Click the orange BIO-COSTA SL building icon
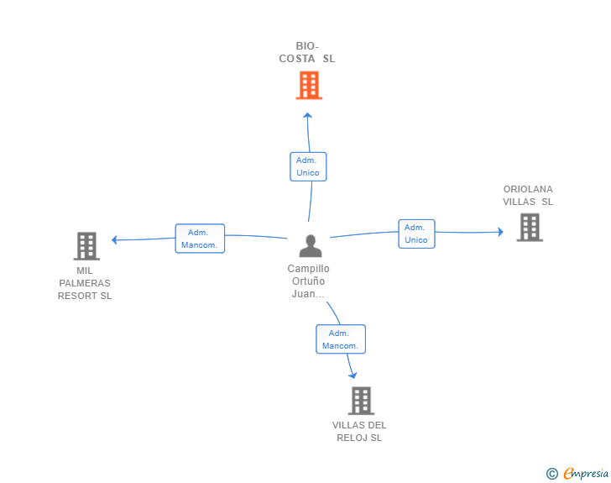tap(309, 85)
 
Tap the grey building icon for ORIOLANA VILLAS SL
tap(530, 228)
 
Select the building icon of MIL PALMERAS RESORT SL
tap(86, 246)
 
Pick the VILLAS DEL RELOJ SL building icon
tap(361, 401)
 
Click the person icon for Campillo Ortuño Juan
tap(311, 246)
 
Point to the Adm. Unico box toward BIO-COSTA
tap(308, 166)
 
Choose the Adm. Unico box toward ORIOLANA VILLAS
tap(416, 234)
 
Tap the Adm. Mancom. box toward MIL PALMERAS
tap(200, 239)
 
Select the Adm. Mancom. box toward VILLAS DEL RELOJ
tap(341, 339)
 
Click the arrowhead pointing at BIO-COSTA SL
tap(307, 115)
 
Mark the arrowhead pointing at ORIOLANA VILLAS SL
tap(501, 232)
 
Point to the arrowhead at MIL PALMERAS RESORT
tap(114, 239)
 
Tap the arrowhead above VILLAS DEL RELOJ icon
tap(352, 375)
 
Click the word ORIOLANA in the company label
tap(528, 189)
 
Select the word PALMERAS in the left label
tap(85, 283)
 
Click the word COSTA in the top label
tap(297, 59)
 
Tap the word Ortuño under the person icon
tap(308, 281)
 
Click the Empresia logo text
tap(586, 473)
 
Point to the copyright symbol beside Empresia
tap(552, 474)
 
